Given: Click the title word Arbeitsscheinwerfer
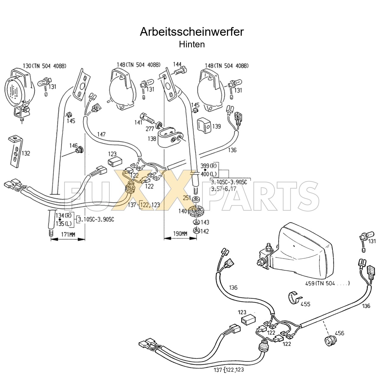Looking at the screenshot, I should coord(192,32).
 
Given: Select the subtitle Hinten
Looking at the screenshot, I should coord(192,44).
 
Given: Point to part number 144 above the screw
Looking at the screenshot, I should coord(177,65).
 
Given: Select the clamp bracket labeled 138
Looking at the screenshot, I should coord(170,137).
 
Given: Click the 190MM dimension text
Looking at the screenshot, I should coord(180,234).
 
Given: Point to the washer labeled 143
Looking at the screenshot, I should coord(196,222).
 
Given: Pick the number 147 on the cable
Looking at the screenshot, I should coord(102,135).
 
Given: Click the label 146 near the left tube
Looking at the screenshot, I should coord(73,146).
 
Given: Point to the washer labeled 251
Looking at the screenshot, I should coord(196,199).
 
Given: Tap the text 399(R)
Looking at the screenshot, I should coord(209,166).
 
